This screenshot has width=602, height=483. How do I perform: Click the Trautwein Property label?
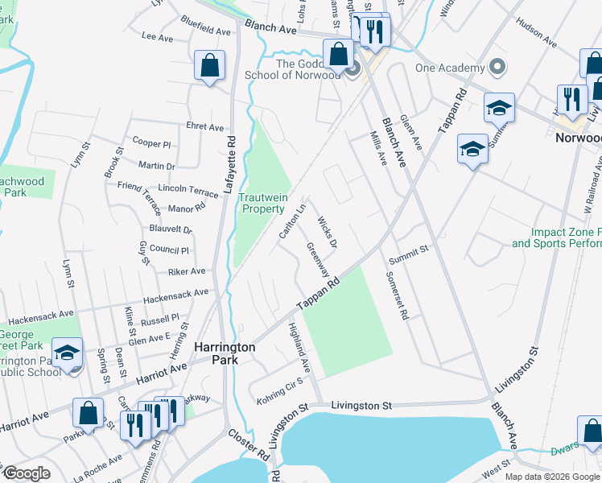pyautogui.click(x=262, y=202)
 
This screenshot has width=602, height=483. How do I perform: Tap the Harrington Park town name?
pyautogui.click(x=225, y=353)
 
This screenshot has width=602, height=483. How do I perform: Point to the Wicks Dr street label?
pyautogui.click(x=326, y=231)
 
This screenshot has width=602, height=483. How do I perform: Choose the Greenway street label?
pyautogui.click(x=317, y=258)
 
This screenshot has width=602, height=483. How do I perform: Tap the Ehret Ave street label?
pyautogui.click(x=204, y=127)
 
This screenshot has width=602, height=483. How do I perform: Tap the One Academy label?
pyautogui.click(x=451, y=68)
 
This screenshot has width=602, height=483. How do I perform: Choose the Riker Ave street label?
pyautogui.click(x=186, y=272)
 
